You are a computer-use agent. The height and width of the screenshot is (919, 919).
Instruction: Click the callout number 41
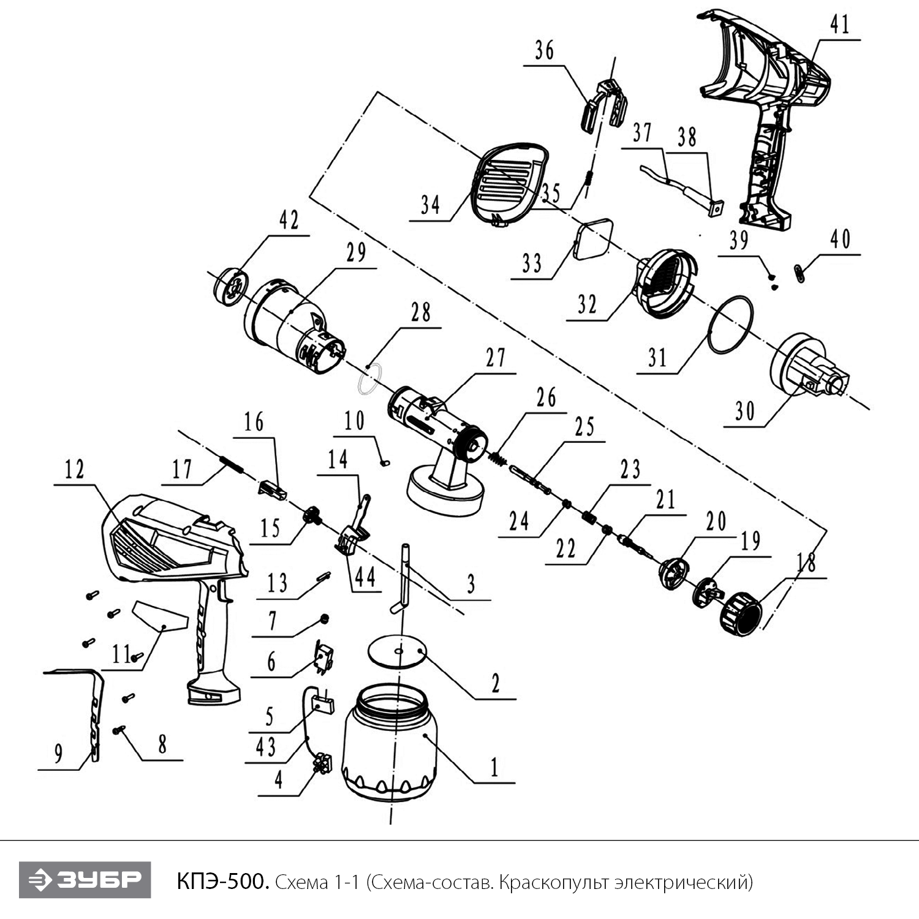pyautogui.click(x=840, y=25)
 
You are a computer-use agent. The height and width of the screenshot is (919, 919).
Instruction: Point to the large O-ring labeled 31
pyautogui.click(x=730, y=324)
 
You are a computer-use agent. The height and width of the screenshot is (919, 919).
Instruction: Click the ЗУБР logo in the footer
pyautogui.click(x=85, y=880)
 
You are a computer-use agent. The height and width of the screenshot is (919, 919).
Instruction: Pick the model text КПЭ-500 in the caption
pyautogui.click(x=222, y=882)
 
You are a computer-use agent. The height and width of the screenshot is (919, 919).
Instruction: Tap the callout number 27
pyautogui.click(x=496, y=357)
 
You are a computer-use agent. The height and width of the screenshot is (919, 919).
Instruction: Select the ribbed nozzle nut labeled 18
pyautogui.click(x=741, y=615)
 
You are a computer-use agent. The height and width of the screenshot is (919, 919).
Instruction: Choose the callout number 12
pyautogui.click(x=74, y=470)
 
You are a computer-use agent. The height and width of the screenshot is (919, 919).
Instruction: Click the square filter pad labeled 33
pyautogui.click(x=594, y=240)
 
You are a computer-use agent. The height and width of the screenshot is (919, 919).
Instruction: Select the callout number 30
pyautogui.click(x=745, y=410)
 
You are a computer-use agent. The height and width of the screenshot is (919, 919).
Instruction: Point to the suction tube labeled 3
pyautogui.click(x=404, y=576)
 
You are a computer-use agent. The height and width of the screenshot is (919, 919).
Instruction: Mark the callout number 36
pyautogui.click(x=544, y=50)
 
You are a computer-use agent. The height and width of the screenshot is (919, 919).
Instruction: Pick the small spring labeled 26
pyautogui.click(x=499, y=458)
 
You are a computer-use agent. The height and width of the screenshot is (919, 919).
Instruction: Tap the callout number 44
pyautogui.click(x=365, y=577)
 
